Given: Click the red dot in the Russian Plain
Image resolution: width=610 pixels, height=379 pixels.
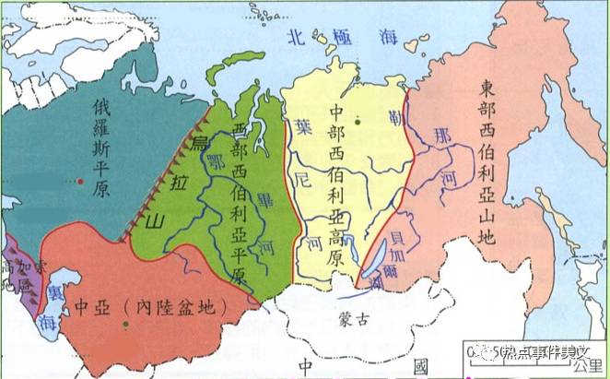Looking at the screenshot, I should [80, 182].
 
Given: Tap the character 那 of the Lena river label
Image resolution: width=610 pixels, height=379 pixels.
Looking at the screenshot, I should [444, 135].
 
